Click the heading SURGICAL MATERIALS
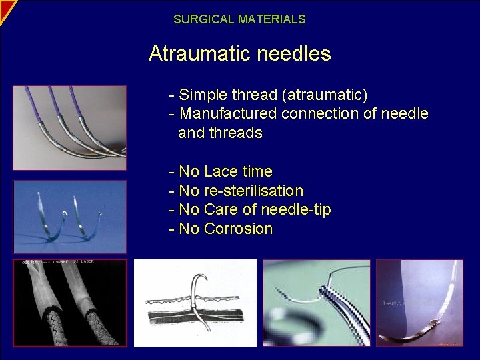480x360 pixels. tap(239, 19)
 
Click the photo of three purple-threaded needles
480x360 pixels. tap(69, 127)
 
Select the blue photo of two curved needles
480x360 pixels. tap(69, 216)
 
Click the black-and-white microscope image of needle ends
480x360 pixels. tap(69, 302)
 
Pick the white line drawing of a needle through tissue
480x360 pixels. tap(195, 302)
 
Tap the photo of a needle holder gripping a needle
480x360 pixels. tap(316, 302)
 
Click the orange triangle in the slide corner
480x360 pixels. tap(6, 7)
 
